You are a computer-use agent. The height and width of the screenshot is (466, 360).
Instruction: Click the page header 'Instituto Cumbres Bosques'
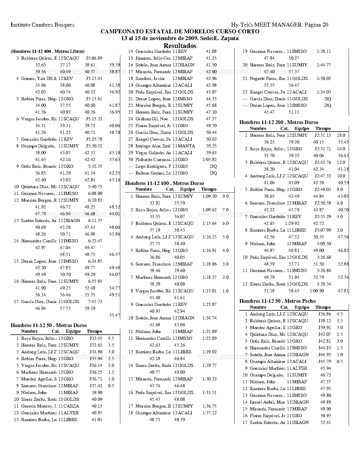pos(42,25)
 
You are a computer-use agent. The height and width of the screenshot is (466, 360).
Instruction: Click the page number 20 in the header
pos(325,25)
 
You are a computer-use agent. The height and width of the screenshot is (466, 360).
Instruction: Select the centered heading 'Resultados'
pos(180,46)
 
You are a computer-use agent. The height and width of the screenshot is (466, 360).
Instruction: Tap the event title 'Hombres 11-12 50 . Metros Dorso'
pos(49,325)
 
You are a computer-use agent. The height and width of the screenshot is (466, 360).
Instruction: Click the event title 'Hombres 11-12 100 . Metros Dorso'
pos(164,183)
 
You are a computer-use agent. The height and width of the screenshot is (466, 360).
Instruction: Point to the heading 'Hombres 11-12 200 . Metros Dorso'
pos(279,122)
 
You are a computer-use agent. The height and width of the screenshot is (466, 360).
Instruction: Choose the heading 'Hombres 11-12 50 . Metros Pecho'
pos(278,301)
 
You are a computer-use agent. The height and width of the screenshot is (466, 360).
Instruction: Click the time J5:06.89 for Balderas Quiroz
pos(94,58)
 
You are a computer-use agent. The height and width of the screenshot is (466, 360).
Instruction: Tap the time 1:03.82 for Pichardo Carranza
pos(210,160)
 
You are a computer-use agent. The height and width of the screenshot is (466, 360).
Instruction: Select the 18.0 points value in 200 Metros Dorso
pos(341,135)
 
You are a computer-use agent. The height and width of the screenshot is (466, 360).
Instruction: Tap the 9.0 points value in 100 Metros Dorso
pos(225,196)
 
